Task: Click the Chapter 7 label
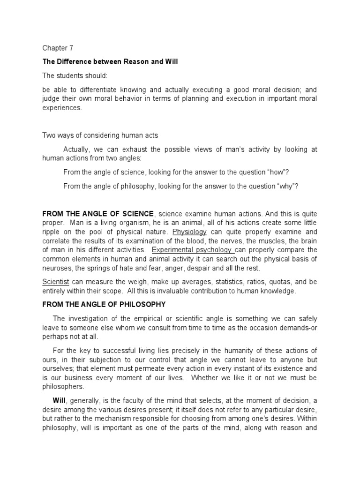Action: click(58, 48)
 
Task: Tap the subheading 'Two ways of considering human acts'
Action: click(100, 135)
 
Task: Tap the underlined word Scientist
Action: click(56, 282)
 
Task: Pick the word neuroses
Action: click(57, 269)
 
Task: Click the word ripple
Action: click(52, 232)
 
